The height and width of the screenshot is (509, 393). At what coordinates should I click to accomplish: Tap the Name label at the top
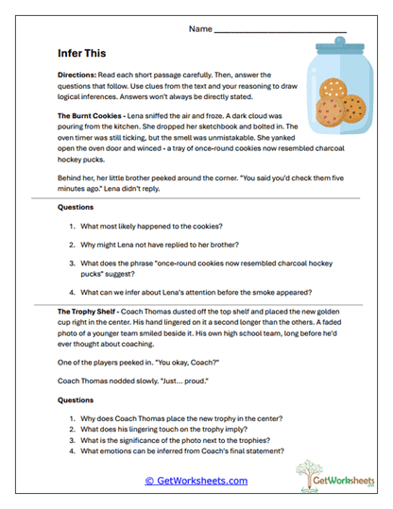pos(199,29)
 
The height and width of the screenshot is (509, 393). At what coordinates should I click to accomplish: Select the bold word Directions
pos(80,74)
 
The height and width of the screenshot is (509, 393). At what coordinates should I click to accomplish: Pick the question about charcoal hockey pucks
pos(189,264)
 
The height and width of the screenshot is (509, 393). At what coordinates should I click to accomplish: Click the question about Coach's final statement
pos(183,461)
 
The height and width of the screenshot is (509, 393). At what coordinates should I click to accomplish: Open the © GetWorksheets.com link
pos(196,480)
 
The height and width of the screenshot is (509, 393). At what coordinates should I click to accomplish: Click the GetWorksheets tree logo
pos(329,476)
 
